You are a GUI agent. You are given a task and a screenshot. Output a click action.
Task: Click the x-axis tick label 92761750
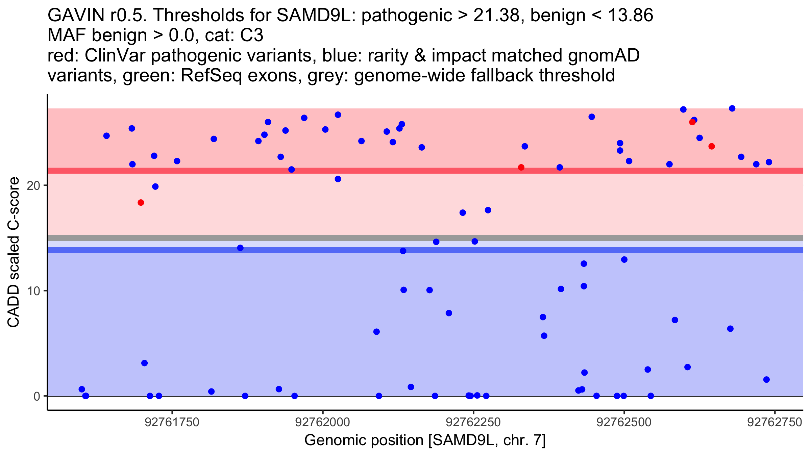point(172,423)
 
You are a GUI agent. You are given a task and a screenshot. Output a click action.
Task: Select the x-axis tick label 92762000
point(323,423)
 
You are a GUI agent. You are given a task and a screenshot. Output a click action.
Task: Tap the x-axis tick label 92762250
point(473,423)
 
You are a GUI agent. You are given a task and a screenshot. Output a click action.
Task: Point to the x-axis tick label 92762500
point(624,423)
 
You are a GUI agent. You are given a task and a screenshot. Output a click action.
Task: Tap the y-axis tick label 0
point(37,396)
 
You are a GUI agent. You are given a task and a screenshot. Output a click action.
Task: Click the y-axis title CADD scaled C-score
point(14,253)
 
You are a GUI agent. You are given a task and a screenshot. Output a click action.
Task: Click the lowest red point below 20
point(141,203)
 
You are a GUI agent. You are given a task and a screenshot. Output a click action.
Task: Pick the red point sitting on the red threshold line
point(521,168)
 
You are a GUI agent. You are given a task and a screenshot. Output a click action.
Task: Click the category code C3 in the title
point(252,35)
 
